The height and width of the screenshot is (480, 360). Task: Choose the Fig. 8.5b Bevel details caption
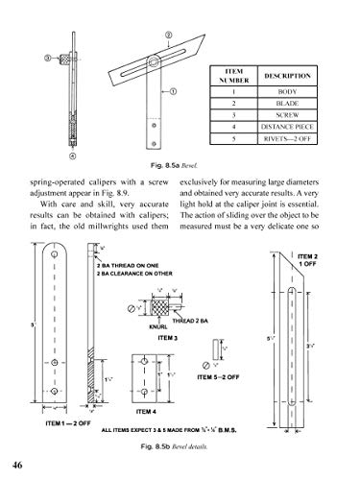coord(180,447)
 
